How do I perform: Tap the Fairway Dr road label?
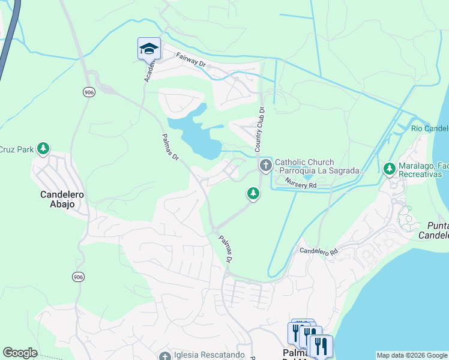click(190, 59)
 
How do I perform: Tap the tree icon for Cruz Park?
click(43, 148)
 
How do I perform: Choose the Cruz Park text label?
click(15, 149)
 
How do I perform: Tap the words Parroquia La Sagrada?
click(319, 171)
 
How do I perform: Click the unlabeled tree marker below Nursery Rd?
click(253, 193)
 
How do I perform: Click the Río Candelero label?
click(430, 129)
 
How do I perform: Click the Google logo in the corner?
click(20, 352)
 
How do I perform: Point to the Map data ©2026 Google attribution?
click(412, 355)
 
